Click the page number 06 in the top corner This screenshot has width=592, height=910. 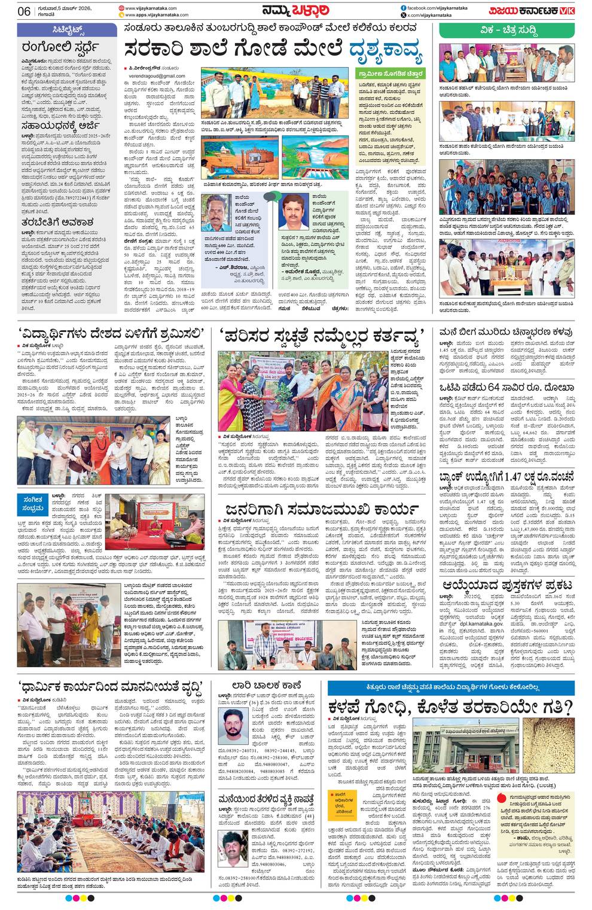tap(25, 11)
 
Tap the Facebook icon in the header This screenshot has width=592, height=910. tap(404, 7)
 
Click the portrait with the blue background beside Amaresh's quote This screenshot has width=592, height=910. tap(294, 211)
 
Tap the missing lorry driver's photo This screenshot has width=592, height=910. tap(234, 726)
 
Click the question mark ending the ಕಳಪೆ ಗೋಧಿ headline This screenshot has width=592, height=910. tap(568, 707)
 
